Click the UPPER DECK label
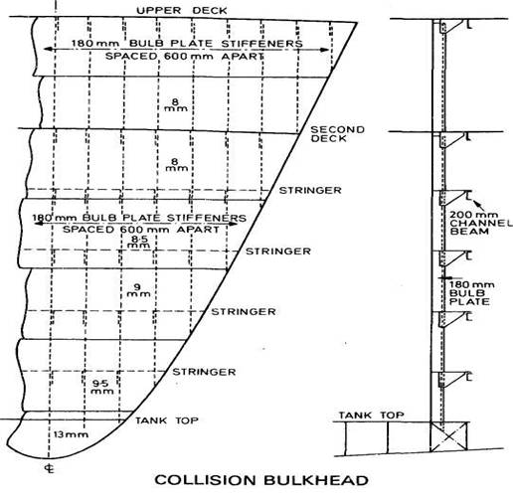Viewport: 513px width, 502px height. pyautogui.click(x=182, y=10)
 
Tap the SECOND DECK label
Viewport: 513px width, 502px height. pyautogui.click(x=337, y=134)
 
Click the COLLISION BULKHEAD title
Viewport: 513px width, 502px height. pyautogui.click(x=261, y=480)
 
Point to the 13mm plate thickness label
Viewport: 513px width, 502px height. pyautogui.click(x=71, y=434)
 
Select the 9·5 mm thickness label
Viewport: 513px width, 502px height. pyautogui.click(x=102, y=387)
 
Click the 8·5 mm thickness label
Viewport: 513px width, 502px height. pyautogui.click(x=139, y=243)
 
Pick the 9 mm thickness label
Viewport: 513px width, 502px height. pyautogui.click(x=138, y=290)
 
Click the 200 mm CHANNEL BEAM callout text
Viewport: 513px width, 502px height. pyautogui.click(x=480, y=223)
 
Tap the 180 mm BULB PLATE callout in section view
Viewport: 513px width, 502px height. pyautogui.click(x=471, y=293)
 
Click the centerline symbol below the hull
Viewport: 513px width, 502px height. pyautogui.click(x=50, y=469)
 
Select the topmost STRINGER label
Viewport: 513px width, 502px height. pyautogui.click(x=310, y=190)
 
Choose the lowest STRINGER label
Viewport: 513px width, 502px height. pyautogui.click(x=204, y=372)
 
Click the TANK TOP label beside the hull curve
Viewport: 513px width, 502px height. pyautogui.click(x=167, y=420)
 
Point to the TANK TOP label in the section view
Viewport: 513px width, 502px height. pyautogui.click(x=371, y=416)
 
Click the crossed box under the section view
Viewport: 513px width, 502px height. pyautogui.click(x=448, y=436)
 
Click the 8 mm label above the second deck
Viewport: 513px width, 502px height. pyautogui.click(x=176, y=104)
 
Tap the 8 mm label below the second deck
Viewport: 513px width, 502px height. pyautogui.click(x=176, y=165)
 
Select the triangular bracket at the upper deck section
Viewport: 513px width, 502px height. pyautogui.click(x=451, y=27)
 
